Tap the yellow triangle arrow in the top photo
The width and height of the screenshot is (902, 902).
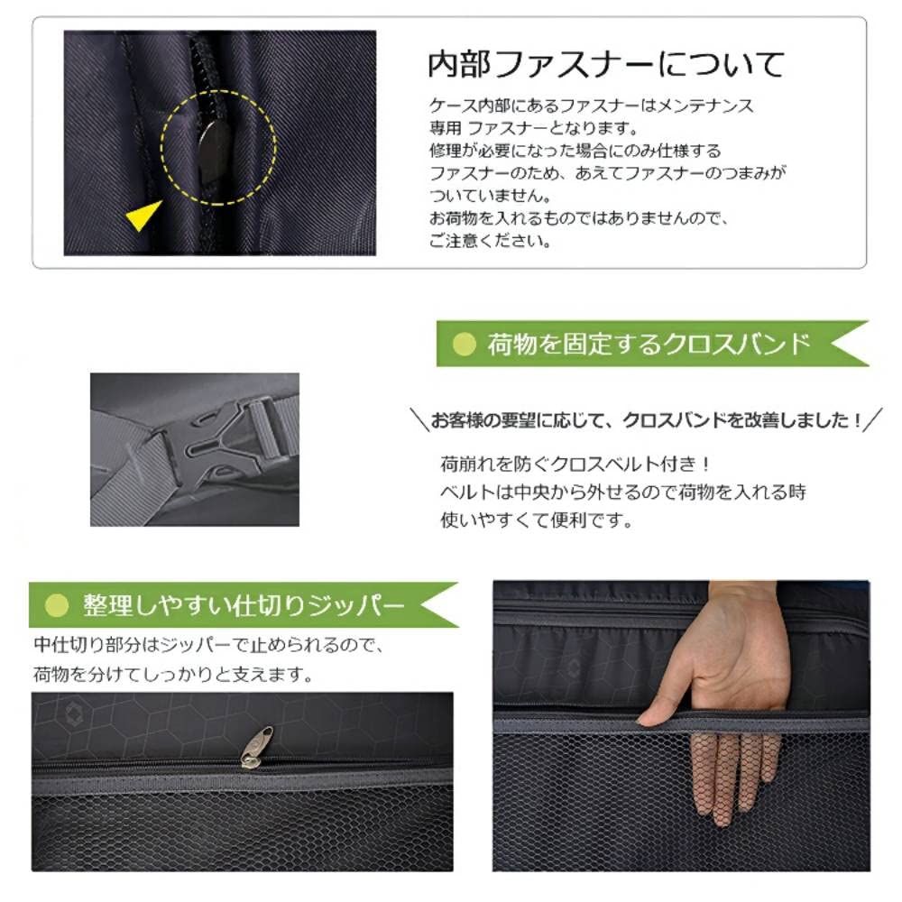pyautogui.click(x=143, y=216)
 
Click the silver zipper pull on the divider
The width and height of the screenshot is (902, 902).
pyautogui.click(x=257, y=746)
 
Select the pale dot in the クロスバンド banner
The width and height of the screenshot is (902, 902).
pyautogui.click(x=463, y=344)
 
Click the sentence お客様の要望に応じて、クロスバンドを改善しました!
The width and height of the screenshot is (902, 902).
pyautogui.click(x=645, y=419)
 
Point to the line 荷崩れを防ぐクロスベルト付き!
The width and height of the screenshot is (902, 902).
pyautogui.click(x=575, y=465)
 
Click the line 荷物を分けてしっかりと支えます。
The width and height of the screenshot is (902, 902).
pyautogui.click(x=175, y=674)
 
